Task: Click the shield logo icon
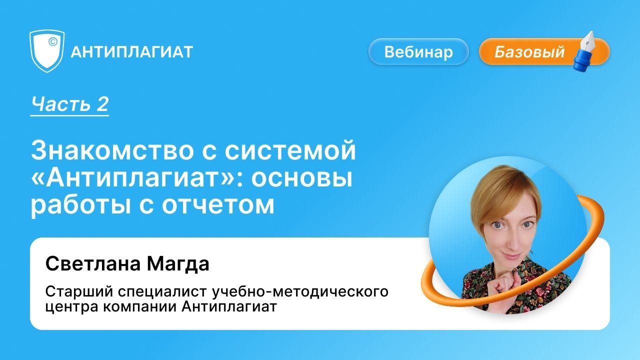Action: pyautogui.click(x=47, y=51)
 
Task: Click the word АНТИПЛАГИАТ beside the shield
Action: pyautogui.click(x=132, y=52)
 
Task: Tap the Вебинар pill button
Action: pyautogui.click(x=418, y=52)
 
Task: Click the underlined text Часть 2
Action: pyautogui.click(x=69, y=104)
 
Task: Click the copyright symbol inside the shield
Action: pyautogui.click(x=52, y=42)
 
